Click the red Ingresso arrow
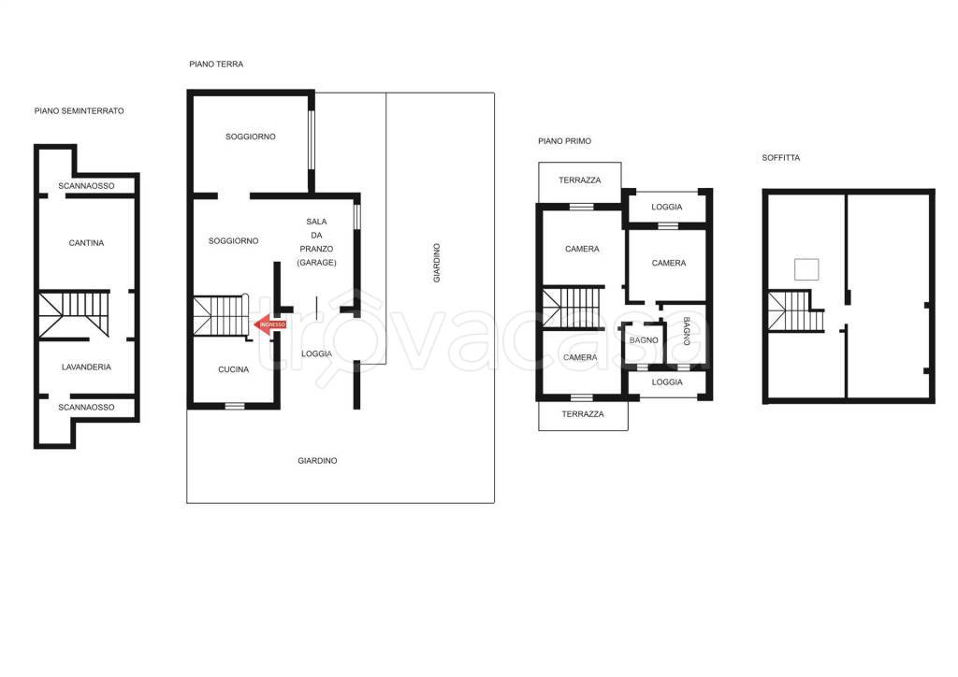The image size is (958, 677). point(269,324)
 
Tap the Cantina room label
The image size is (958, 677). point(86,243)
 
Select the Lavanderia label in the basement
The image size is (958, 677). point(86,367)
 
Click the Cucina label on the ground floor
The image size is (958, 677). point(233,369)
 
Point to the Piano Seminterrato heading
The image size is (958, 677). point(79,111)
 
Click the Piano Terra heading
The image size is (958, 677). point(216,65)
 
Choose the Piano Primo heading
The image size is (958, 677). point(564,141)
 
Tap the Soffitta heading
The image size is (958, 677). point(781,157)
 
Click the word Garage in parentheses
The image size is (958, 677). point(316,263)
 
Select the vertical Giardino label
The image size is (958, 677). point(437,263)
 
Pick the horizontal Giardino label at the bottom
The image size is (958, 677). point(318,461)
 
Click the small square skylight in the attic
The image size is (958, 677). point(806,269)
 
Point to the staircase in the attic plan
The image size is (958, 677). point(795,310)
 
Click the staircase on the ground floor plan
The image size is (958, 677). point(221,316)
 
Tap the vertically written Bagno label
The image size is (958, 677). point(687,331)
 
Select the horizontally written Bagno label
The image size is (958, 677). point(644,340)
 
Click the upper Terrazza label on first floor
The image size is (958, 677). point(580,180)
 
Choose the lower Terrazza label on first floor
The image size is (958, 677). point(583,414)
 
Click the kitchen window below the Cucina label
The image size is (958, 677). point(235,406)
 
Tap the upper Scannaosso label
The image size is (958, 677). point(86,185)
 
